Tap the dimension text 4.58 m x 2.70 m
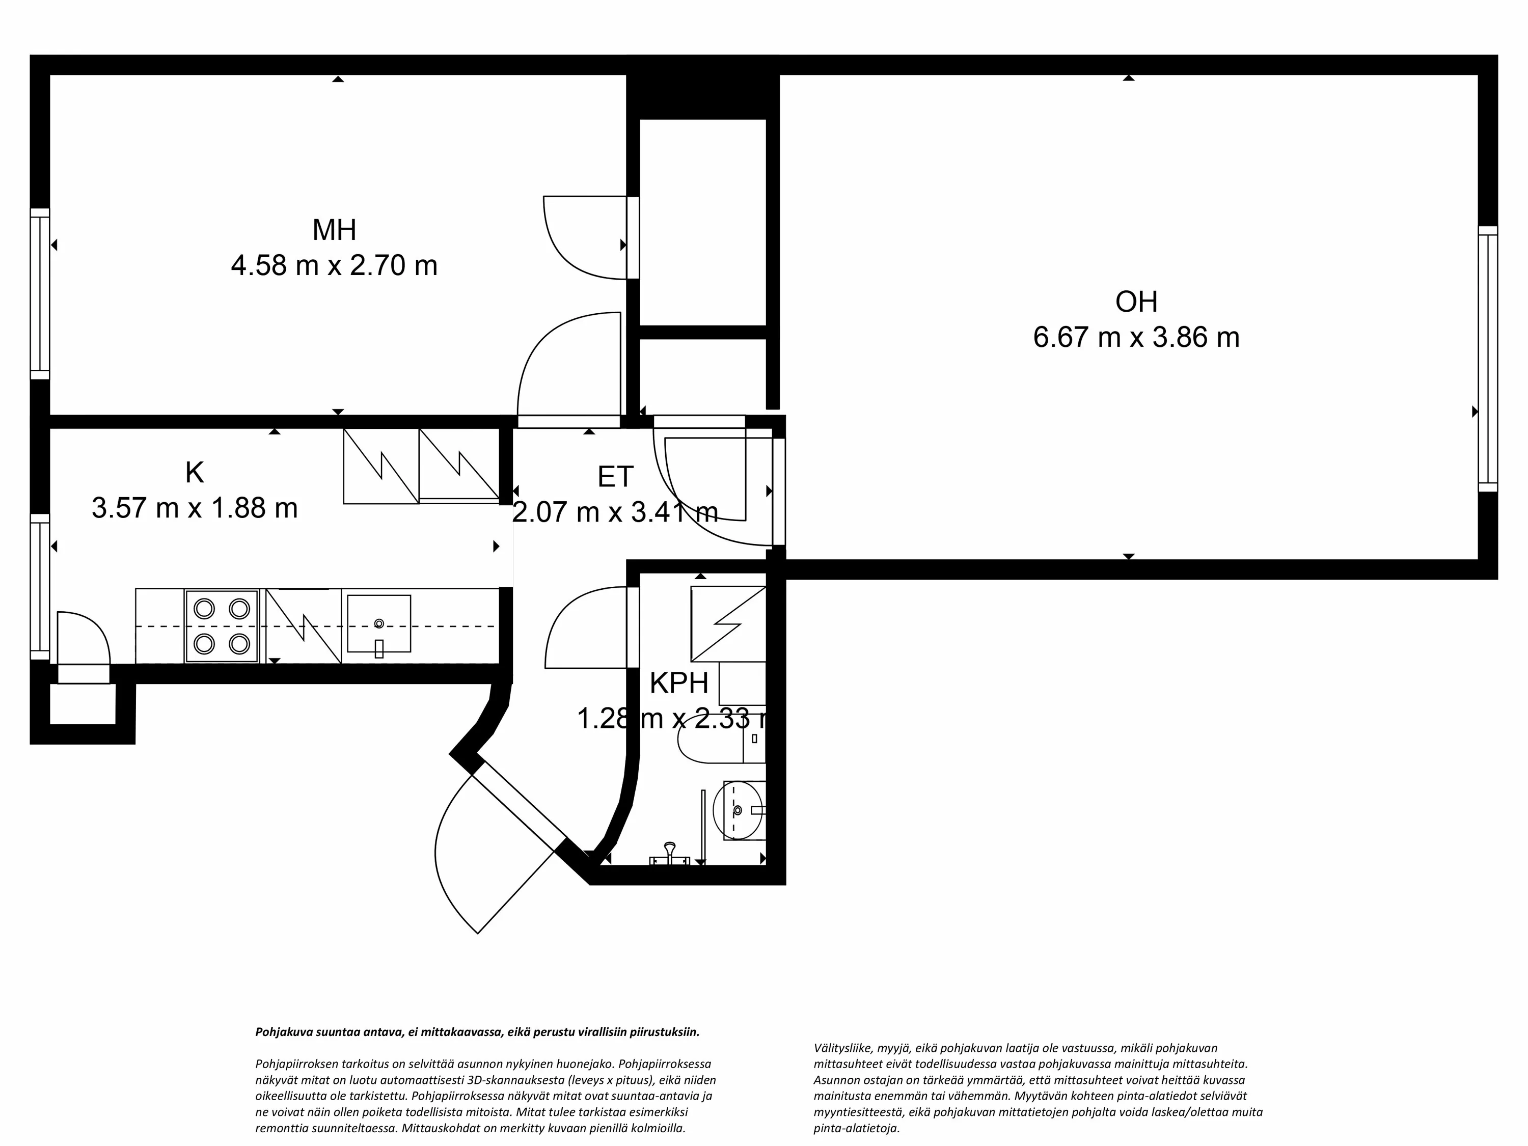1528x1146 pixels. [x=334, y=266]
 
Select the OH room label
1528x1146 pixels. [x=1136, y=302]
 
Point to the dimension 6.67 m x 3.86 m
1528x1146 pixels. [x=1136, y=338]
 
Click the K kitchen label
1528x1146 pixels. [x=194, y=473]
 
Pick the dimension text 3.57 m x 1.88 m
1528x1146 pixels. [x=194, y=508]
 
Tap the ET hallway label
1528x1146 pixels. [x=615, y=477]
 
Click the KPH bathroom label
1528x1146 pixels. [x=678, y=683]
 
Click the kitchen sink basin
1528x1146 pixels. [x=378, y=624]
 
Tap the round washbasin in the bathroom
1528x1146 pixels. [x=743, y=810]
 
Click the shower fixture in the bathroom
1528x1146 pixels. [x=669, y=854]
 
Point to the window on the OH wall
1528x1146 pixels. [x=1487, y=359]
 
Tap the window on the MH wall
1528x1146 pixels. [x=40, y=293]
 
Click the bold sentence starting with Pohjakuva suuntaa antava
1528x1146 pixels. [x=477, y=1032]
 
